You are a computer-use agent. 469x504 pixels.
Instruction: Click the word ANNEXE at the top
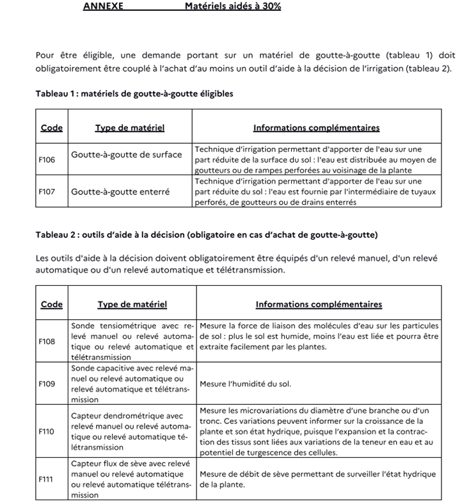click(103, 6)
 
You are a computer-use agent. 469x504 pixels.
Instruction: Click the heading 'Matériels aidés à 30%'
click(232, 6)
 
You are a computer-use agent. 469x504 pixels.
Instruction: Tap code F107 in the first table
click(47, 191)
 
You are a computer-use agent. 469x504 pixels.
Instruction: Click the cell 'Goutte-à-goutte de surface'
click(127, 155)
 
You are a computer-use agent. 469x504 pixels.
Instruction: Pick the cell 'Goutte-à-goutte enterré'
click(120, 191)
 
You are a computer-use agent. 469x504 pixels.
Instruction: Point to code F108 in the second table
click(47, 342)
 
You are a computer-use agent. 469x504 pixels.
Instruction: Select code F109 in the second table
click(47, 384)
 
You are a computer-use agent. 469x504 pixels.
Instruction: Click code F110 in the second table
click(47, 431)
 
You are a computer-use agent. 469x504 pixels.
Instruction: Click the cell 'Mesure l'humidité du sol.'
click(246, 384)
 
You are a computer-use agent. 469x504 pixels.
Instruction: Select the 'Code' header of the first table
click(52, 127)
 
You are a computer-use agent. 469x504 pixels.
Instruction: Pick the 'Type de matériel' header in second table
click(132, 304)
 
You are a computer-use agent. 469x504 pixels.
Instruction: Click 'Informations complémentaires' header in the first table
click(316, 127)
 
